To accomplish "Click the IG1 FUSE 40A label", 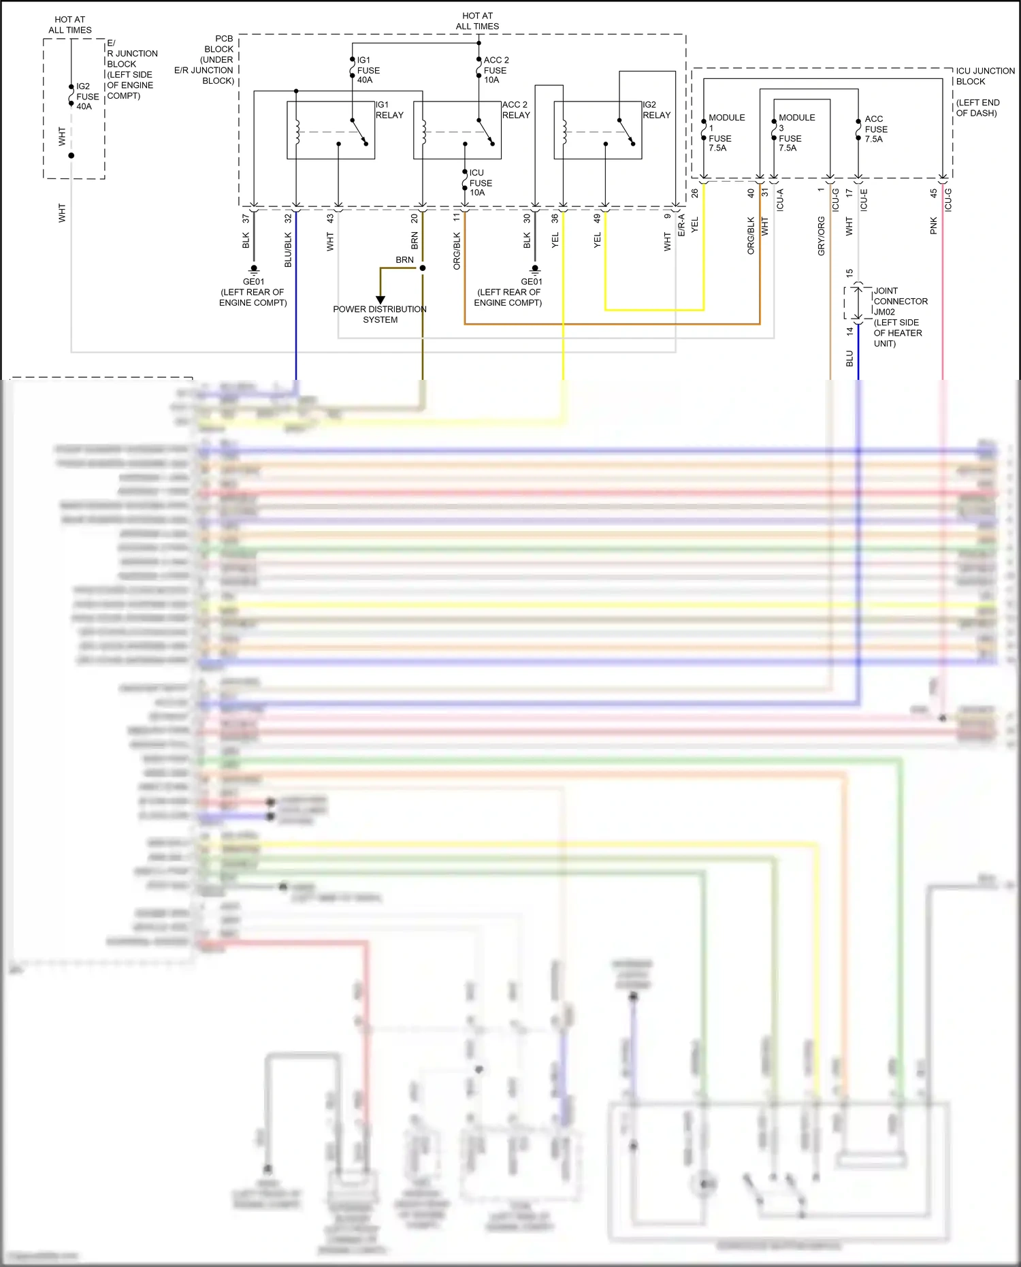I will (x=368, y=70).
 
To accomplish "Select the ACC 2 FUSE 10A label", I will (x=496, y=70).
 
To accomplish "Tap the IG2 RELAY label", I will (x=656, y=110).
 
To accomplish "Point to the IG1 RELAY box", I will (x=331, y=130).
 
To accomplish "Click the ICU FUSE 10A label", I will (x=480, y=182).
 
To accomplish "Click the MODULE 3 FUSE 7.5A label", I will (x=796, y=132).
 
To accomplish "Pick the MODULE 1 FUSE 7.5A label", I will (x=726, y=132).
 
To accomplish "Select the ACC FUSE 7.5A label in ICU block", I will (x=875, y=129).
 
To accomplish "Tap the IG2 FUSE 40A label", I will (x=86, y=96).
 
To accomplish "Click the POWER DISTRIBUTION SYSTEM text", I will (x=380, y=314).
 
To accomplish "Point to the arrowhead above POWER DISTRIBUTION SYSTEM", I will (x=380, y=300).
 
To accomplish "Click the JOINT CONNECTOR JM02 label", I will (x=900, y=301).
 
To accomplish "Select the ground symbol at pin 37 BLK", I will (x=254, y=270).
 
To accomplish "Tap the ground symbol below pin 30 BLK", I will (x=535, y=270).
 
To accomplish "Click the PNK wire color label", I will (x=933, y=226).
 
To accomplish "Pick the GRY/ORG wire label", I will (x=821, y=236).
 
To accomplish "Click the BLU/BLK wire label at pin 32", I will (x=288, y=249).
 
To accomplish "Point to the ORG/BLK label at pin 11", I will (x=457, y=251).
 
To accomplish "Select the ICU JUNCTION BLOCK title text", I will (x=984, y=76).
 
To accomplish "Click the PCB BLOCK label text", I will (x=219, y=44).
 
